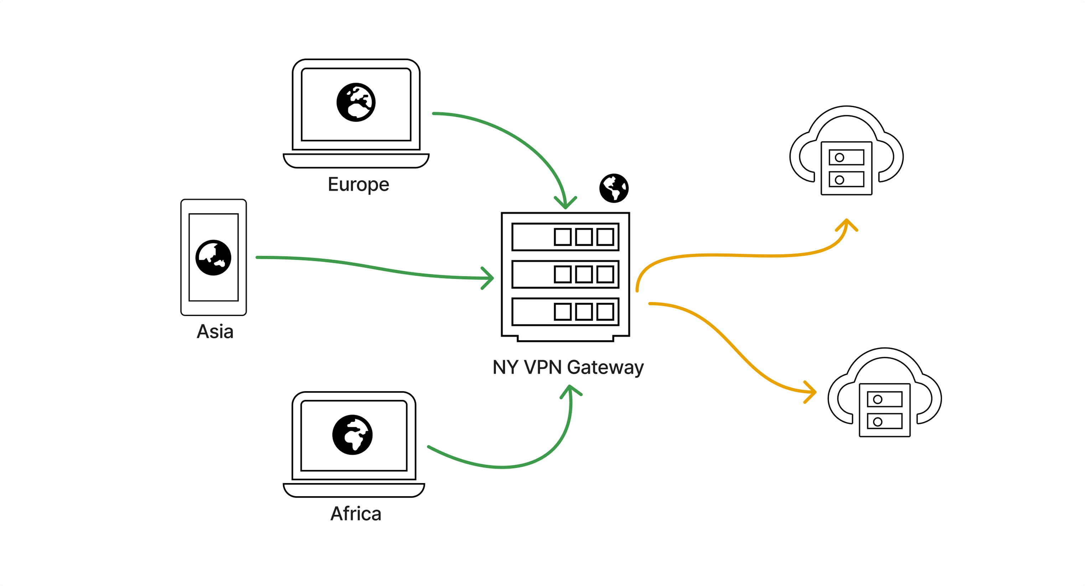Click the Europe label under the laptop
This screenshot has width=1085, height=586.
point(358,185)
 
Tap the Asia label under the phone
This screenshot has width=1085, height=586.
point(215,332)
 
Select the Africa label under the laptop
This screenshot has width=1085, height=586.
point(356,514)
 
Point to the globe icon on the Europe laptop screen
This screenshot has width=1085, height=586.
point(356,102)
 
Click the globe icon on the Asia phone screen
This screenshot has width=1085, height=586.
point(213,258)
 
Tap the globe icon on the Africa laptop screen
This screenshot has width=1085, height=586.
point(352,435)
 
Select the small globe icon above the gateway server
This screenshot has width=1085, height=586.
point(614,188)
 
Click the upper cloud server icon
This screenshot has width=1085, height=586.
point(846,151)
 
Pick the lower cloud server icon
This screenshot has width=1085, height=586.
point(884,394)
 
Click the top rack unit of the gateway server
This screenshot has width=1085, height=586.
point(565,237)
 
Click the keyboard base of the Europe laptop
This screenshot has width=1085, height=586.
point(356,160)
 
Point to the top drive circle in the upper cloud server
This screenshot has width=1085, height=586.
point(839,157)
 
